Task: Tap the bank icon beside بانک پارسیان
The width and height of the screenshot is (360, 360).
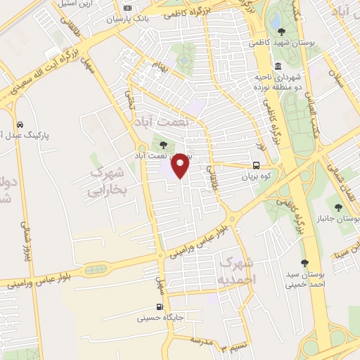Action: [127, 8]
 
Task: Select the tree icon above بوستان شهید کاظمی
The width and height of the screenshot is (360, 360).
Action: [282, 32]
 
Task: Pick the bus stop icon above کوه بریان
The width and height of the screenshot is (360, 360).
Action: [257, 167]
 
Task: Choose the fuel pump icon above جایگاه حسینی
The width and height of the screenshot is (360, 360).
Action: [160, 307]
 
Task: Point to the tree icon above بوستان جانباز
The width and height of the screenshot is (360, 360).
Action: [339, 207]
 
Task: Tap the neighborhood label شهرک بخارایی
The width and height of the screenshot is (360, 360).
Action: [106, 181]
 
